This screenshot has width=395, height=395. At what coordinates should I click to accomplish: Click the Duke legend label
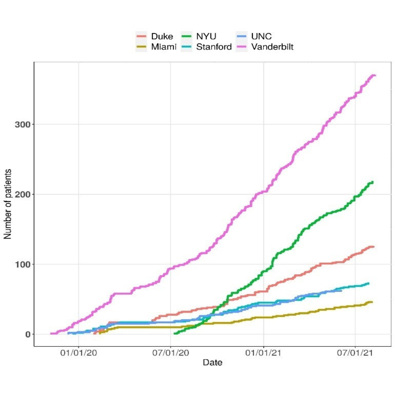tap(163, 36)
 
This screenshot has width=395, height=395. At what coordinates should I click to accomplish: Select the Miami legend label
tap(164, 46)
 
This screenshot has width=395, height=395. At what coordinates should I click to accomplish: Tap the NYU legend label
tap(206, 36)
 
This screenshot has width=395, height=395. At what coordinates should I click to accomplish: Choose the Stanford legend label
tap(214, 46)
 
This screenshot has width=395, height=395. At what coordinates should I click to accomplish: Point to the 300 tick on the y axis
tap(22, 124)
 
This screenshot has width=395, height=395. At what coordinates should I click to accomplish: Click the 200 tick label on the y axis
tap(22, 194)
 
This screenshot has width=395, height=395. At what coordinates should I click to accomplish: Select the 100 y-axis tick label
tap(22, 264)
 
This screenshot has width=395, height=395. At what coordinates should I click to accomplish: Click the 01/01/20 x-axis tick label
tap(79, 354)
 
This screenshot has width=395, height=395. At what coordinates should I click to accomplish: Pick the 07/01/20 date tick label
tap(171, 354)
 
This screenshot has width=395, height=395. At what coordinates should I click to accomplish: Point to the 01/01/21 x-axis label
tap(263, 354)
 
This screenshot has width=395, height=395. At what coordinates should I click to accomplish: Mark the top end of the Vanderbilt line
tap(375, 75)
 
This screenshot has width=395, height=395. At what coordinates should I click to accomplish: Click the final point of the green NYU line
tap(372, 182)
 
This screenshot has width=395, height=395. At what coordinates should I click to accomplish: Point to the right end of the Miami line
tap(372, 302)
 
